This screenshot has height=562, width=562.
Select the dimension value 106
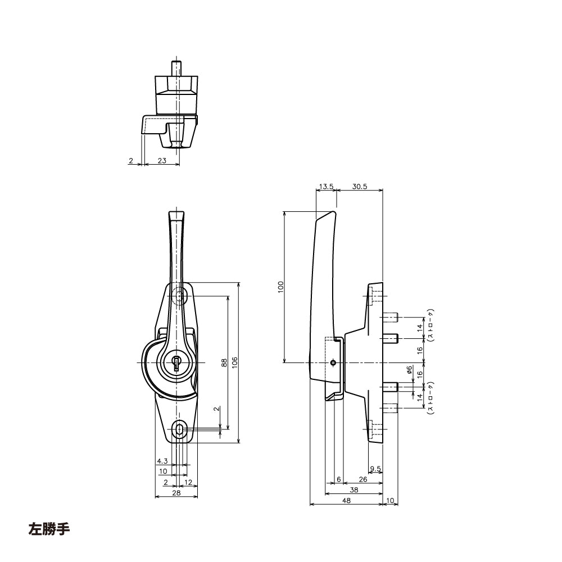coord(234,362)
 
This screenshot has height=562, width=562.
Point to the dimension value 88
coord(223,362)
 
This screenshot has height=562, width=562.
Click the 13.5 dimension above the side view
coord(326,187)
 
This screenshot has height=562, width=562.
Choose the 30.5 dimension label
coord(360,187)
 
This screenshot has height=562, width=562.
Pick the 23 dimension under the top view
coord(162,161)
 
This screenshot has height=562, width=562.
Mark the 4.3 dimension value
coord(162,461)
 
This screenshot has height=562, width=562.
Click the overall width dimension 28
coord(176,493)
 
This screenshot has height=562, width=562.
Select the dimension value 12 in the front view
coord(188,482)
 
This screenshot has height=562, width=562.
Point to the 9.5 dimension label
coord(376,469)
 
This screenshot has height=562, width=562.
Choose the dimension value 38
coord(355,490)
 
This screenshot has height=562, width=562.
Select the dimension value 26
coord(362,479)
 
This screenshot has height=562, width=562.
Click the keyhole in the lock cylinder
coord(177,362)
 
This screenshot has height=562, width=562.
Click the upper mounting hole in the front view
coord(179,296)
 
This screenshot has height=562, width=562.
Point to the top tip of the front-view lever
coord(176,212)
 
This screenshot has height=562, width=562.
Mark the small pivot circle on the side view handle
coord(334,362)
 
